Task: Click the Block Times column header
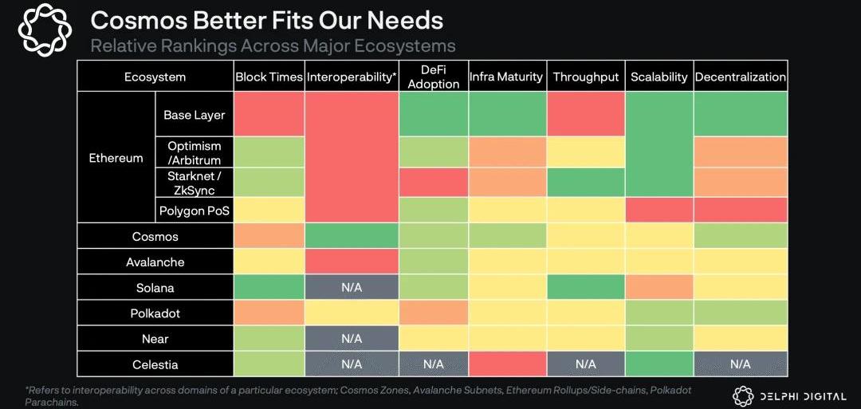pyautogui.click(x=269, y=77)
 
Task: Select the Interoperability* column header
pyautogui.click(x=352, y=77)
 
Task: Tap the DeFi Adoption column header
pyautogui.click(x=433, y=77)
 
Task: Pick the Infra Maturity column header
pyautogui.click(x=506, y=77)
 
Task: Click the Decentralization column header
pyautogui.click(x=740, y=77)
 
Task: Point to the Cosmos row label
pyautogui.click(x=155, y=237)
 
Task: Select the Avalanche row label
pyautogui.click(x=155, y=262)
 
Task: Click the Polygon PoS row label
pyautogui.click(x=195, y=210)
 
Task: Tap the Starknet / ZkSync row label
pyautogui.click(x=195, y=182)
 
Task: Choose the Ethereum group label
pyautogui.click(x=116, y=158)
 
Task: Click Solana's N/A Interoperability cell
pyautogui.click(x=352, y=288)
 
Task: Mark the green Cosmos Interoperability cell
pyautogui.click(x=352, y=236)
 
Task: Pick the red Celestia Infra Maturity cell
pyautogui.click(x=507, y=364)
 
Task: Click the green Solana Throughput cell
pyautogui.click(x=585, y=288)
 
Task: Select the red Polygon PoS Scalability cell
pyautogui.click(x=659, y=210)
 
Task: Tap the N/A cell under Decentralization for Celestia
pyautogui.click(x=740, y=364)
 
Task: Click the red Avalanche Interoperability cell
pyautogui.click(x=352, y=262)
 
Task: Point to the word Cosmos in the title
pyautogui.click(x=136, y=19)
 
